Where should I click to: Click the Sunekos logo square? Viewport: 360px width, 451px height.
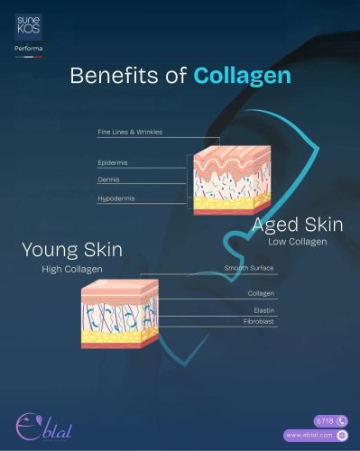(x=29, y=27)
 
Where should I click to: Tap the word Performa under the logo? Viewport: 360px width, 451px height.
(x=29, y=48)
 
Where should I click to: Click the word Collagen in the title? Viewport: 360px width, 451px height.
(x=243, y=75)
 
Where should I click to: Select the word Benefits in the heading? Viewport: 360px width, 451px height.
(x=114, y=75)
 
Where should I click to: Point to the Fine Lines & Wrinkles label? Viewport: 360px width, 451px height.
(x=130, y=132)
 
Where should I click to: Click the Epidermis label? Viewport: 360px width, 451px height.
(x=113, y=162)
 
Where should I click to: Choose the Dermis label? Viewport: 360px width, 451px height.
(x=108, y=179)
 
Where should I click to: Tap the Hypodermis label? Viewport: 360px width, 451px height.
(x=116, y=198)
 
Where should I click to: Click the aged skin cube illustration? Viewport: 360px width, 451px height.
(x=232, y=180)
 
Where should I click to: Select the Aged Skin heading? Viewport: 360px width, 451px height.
(x=298, y=225)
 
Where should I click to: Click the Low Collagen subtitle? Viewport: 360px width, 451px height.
(x=298, y=242)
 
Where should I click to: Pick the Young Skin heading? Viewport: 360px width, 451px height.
(x=72, y=250)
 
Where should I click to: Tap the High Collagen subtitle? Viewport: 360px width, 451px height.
(x=72, y=269)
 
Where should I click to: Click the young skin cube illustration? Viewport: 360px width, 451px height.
(x=120, y=314)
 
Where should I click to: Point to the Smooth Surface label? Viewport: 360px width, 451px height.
(x=249, y=268)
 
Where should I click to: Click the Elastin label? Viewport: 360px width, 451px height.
(x=264, y=310)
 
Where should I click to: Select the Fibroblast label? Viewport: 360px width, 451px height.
(x=259, y=321)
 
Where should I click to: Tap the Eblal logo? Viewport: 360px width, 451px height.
(x=43, y=427)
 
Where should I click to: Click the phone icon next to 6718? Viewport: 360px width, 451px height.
(x=342, y=421)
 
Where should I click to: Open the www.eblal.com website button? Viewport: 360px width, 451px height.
(x=316, y=435)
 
